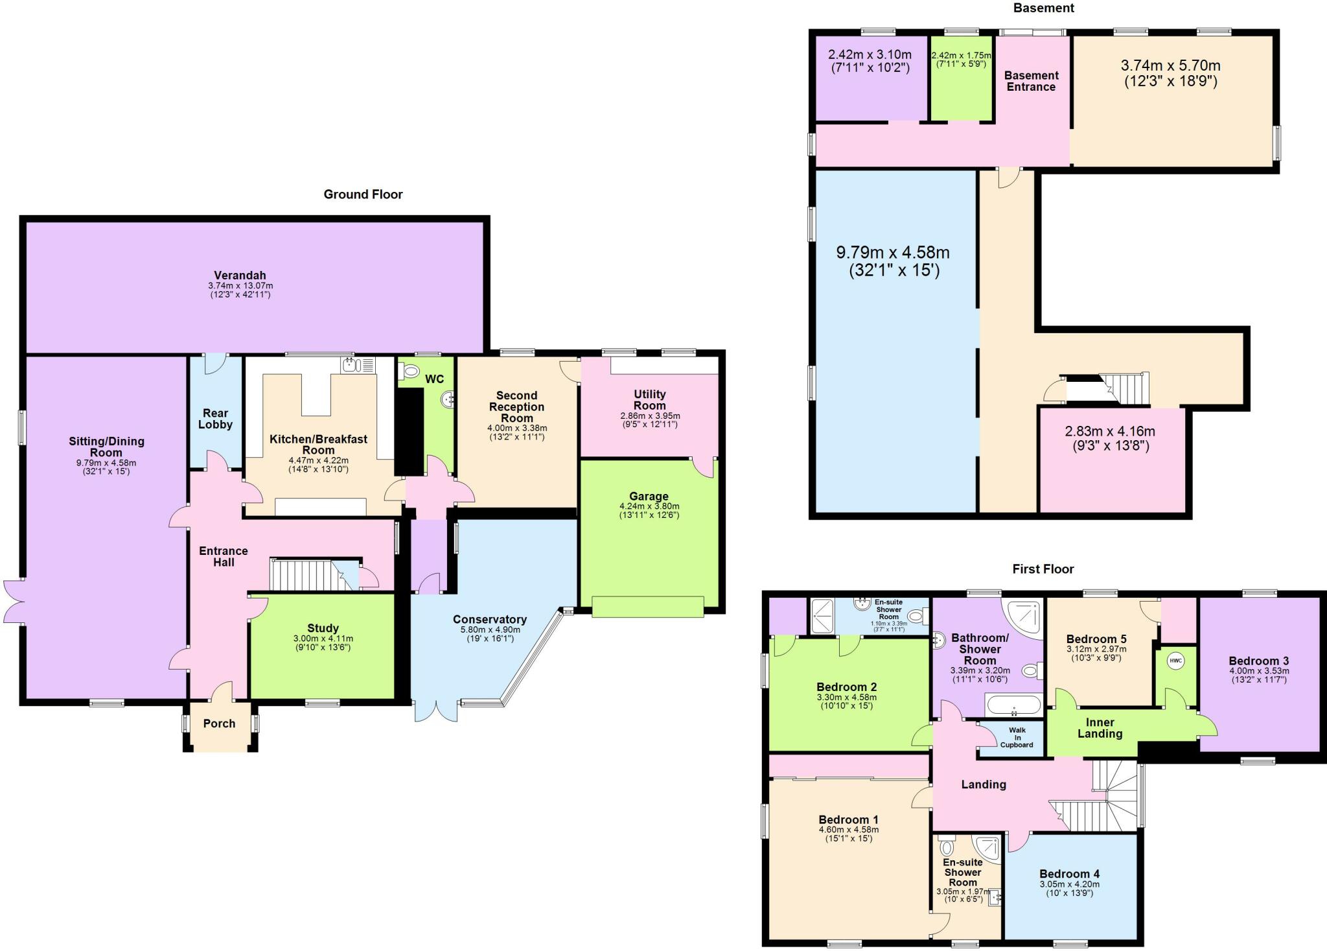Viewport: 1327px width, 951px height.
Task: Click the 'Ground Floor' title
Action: [x=363, y=194]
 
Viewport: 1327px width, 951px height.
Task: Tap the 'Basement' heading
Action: [x=1043, y=8]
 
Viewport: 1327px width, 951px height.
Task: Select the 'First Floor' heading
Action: [x=1043, y=569]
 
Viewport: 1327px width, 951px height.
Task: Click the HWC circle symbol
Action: [x=1175, y=661]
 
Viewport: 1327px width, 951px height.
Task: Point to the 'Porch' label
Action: [x=219, y=723]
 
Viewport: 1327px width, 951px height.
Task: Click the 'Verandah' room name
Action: [x=240, y=276]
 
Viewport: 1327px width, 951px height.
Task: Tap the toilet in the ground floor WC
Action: [x=411, y=371]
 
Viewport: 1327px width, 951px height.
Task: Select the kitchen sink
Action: [x=352, y=364]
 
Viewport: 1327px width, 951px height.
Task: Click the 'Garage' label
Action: [x=649, y=497]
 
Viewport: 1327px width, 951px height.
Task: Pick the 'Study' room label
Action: [x=323, y=628]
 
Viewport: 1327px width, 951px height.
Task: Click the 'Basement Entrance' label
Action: [x=1031, y=81]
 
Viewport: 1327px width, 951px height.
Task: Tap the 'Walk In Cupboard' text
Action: [x=1016, y=738]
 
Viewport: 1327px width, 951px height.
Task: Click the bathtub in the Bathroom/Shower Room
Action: [x=1013, y=705]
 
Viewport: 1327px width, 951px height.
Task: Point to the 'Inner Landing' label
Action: [x=1100, y=728]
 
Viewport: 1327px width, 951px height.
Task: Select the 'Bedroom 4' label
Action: [x=1069, y=874]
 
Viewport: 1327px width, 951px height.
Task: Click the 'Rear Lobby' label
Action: [x=215, y=419]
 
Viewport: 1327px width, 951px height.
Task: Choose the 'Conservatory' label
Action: [x=489, y=620]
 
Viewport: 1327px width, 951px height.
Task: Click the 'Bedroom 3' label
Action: [x=1258, y=661]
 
